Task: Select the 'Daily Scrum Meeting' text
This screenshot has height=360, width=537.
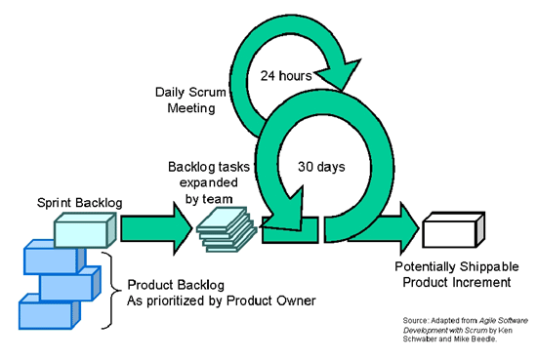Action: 186,100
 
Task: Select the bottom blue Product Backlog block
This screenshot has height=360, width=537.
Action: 45,314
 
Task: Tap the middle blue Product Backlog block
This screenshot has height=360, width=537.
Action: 68,286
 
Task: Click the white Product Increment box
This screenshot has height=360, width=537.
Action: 451,232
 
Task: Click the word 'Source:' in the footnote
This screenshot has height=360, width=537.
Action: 415,320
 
